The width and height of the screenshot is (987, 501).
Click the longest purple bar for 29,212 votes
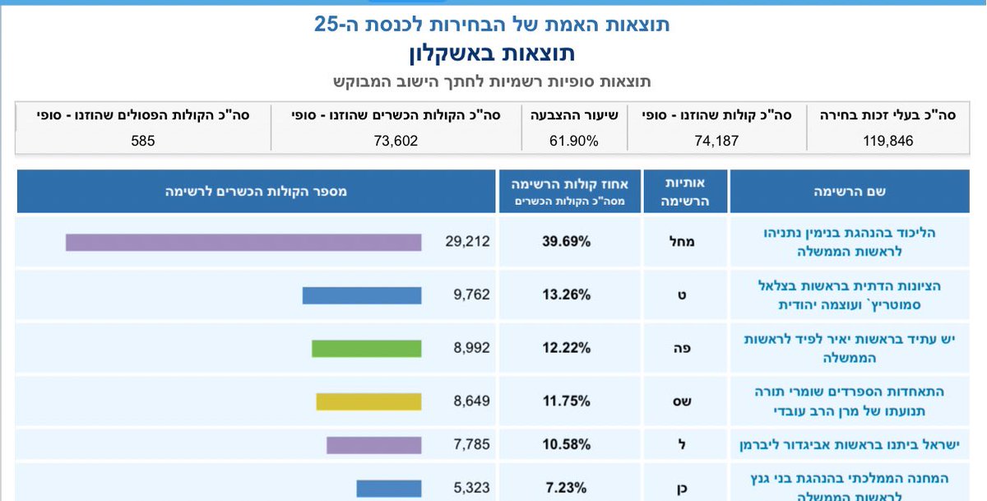coord(243,242)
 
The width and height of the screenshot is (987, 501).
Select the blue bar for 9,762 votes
coord(362,295)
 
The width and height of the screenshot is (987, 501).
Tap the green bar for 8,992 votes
coord(367,349)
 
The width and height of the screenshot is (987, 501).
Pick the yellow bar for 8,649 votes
coord(368,401)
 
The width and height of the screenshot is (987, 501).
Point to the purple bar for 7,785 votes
coord(373,445)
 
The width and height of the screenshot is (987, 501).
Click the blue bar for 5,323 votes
coord(389,489)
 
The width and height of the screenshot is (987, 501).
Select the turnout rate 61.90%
coord(573,141)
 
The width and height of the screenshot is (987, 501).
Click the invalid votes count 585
coord(143,141)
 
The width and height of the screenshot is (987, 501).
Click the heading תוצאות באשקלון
coord(492,53)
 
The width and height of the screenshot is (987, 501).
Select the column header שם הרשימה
coord(851,191)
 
